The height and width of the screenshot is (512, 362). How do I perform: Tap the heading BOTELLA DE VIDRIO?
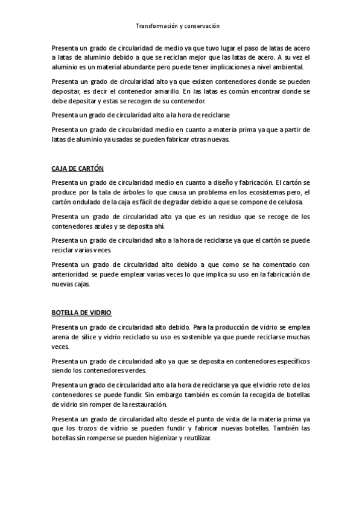[x=81, y=313]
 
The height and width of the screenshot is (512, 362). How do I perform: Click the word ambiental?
[x=289, y=66]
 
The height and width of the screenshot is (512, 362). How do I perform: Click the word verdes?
[x=134, y=370]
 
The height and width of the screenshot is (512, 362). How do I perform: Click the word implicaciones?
[x=232, y=66]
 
